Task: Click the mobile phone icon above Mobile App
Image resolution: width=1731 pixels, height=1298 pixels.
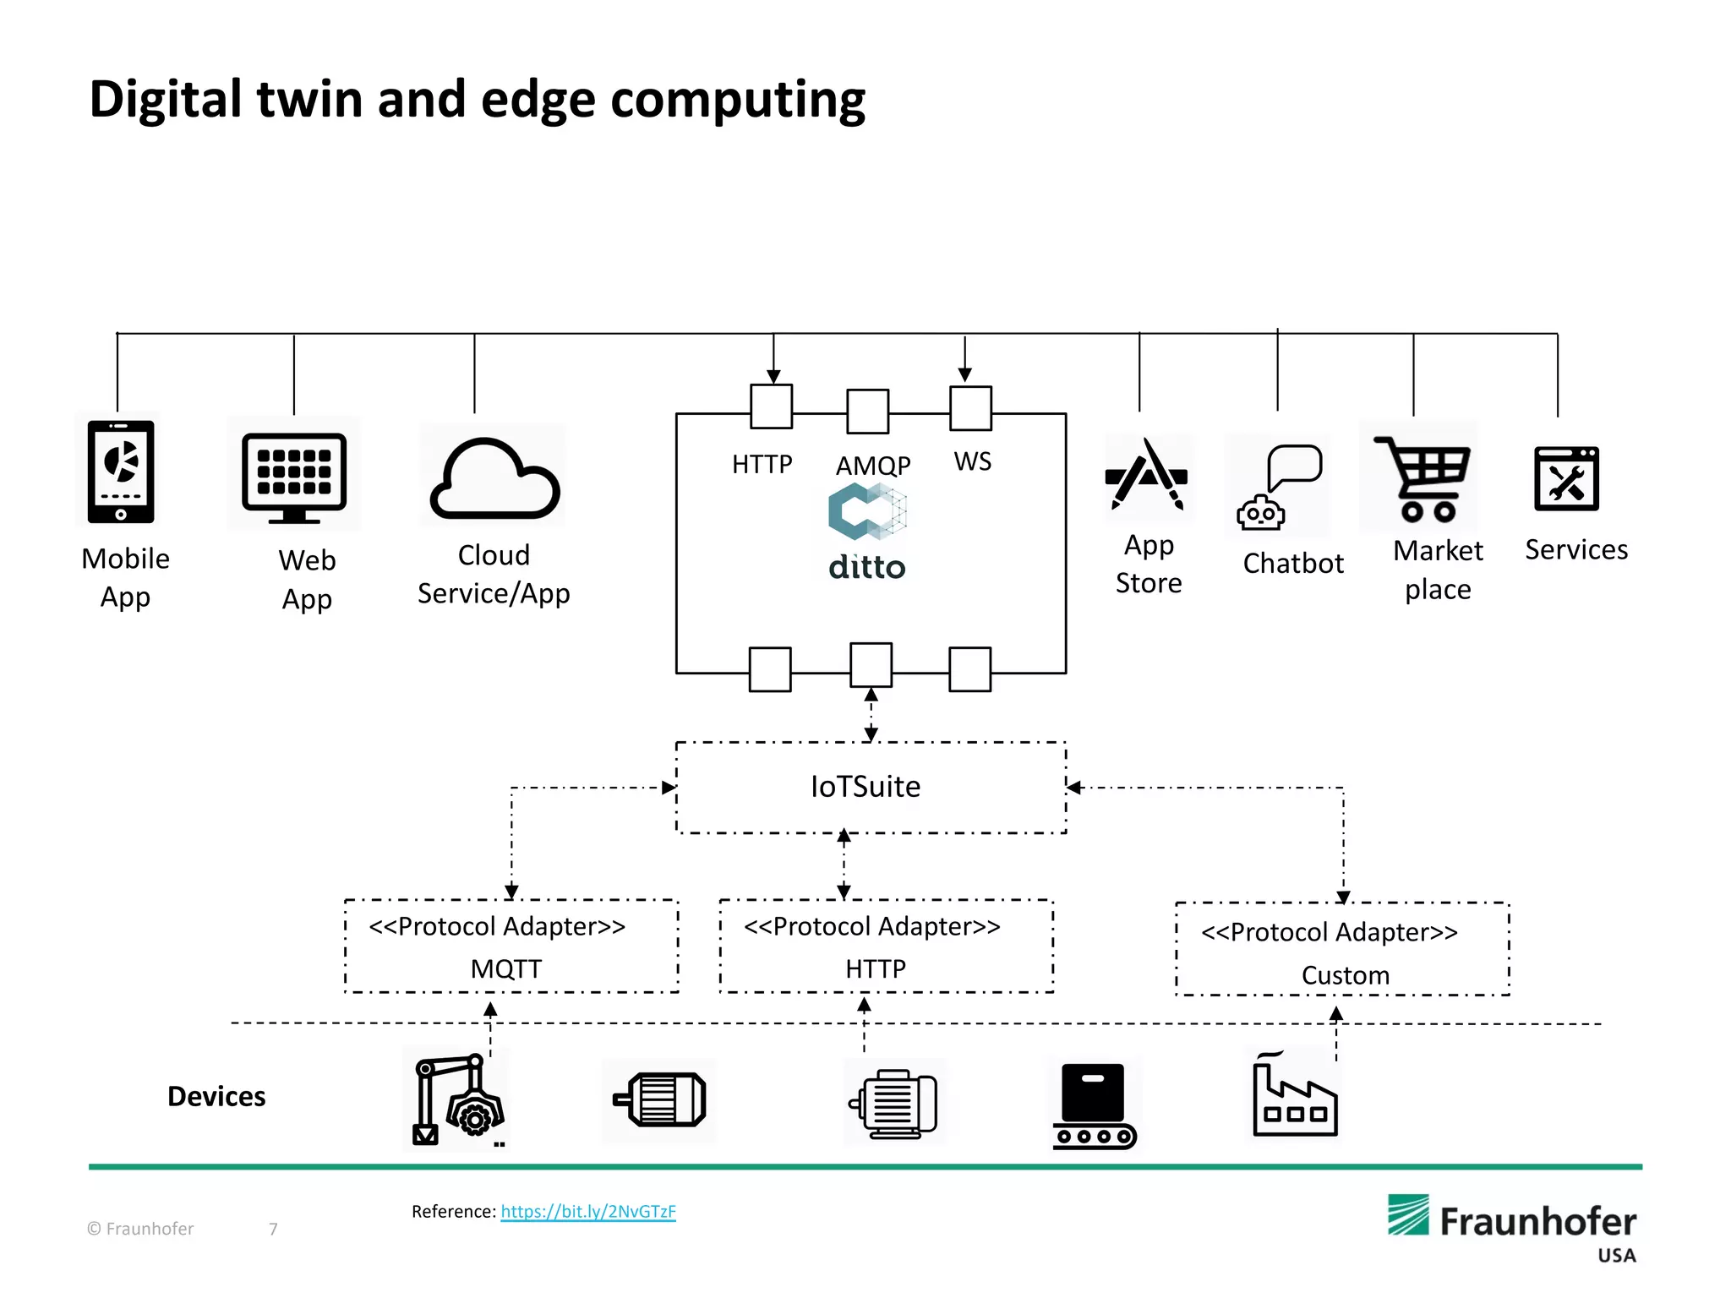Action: (120, 470)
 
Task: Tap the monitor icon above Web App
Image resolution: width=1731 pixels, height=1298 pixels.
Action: (293, 476)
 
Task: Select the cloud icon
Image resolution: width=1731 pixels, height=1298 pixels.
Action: (494, 479)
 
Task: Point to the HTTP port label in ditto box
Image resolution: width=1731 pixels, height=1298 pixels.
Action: (762, 465)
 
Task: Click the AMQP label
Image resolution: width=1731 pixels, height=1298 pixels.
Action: (873, 466)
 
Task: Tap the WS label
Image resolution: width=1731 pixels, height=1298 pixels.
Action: (972, 461)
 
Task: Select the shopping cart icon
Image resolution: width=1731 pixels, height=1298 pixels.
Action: (1422, 478)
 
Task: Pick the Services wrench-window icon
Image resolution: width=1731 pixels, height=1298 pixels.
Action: (1566, 479)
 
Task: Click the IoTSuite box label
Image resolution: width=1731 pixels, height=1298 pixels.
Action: (865, 787)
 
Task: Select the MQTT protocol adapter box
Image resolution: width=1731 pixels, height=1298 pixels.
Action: (511, 946)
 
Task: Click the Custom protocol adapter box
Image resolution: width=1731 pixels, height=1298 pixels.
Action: (1342, 950)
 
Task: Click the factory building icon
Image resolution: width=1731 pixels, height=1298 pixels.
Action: (1293, 1098)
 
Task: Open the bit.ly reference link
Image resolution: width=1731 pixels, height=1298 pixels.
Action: (588, 1212)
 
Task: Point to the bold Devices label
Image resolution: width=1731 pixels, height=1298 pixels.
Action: (216, 1097)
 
